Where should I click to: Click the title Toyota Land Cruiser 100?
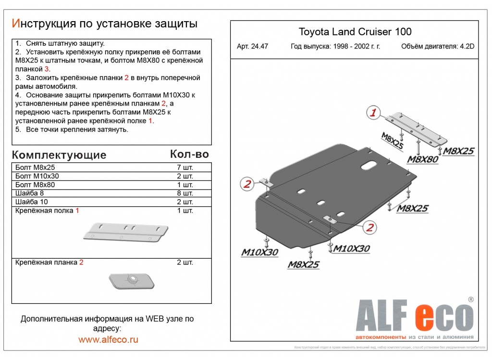click(x=355, y=32)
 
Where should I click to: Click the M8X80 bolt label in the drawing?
click(x=422, y=159)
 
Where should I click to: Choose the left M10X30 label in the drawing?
click(x=259, y=252)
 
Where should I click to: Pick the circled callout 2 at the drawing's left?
click(x=247, y=183)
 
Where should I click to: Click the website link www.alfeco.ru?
click(x=108, y=340)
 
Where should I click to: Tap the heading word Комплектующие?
click(x=59, y=155)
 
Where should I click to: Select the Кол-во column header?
click(x=189, y=154)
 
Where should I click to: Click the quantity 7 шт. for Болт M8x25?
click(x=185, y=168)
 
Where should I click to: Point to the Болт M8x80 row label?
click(x=35, y=185)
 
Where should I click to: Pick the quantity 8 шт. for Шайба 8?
click(x=185, y=193)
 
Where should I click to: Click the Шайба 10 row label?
click(x=32, y=202)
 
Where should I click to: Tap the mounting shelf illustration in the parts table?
click(x=126, y=232)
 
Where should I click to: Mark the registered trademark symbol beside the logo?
click(x=471, y=299)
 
